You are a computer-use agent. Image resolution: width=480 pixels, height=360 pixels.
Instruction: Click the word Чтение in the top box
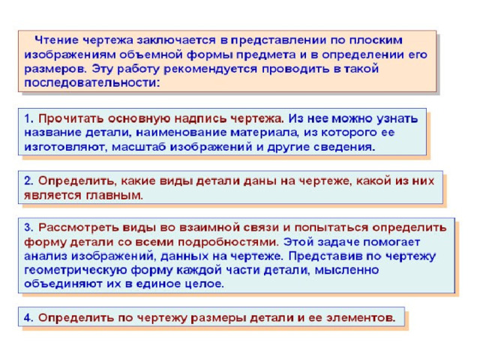[x=57, y=40]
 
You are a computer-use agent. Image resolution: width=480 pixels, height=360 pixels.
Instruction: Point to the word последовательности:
[x=92, y=83]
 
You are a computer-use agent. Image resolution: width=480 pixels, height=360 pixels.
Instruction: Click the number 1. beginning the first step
[x=28, y=118]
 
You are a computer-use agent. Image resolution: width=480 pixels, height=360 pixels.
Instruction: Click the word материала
[x=264, y=133]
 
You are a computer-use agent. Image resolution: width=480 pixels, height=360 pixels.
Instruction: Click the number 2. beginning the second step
[x=28, y=181]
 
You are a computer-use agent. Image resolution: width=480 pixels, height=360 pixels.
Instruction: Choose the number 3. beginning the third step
[x=28, y=227]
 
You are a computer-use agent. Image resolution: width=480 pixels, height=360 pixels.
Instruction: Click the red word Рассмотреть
[x=78, y=228]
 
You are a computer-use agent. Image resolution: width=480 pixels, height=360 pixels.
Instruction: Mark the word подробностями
[x=229, y=242]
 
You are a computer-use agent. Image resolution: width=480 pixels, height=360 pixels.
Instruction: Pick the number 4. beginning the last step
[x=28, y=318]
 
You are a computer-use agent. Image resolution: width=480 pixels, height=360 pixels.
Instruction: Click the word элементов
[x=361, y=318]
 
